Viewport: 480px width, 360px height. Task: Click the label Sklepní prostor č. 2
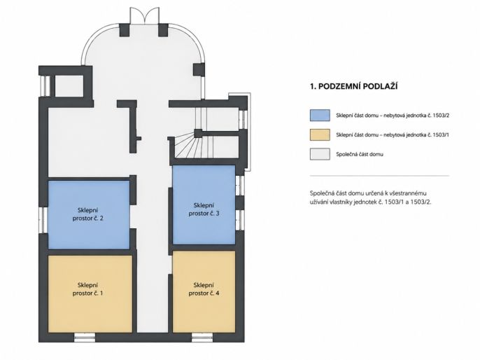(88, 214)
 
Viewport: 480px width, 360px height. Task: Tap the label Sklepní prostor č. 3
(204, 209)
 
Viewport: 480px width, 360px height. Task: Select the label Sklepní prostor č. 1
(88, 289)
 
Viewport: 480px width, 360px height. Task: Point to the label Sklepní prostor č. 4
(204, 289)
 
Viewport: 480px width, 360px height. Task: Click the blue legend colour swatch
(320, 115)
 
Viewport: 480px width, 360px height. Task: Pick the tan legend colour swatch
(320, 134)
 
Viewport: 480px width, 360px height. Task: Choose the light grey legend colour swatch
(320, 154)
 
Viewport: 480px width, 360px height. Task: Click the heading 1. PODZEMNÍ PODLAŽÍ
(353, 86)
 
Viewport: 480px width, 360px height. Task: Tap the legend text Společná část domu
(360, 154)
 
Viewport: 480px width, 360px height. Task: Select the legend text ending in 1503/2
(393, 116)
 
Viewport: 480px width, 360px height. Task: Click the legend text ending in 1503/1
(393, 134)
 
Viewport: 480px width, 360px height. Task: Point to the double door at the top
(144, 15)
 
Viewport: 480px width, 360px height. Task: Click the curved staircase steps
(188, 146)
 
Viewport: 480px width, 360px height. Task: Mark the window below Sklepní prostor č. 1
(85, 338)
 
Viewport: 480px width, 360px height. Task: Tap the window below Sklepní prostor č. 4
(202, 338)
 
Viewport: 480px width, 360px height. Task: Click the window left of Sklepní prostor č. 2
(43, 218)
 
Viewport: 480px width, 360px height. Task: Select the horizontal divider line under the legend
(379, 176)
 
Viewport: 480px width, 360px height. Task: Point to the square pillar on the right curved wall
(199, 69)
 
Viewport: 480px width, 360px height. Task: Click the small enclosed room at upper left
(69, 85)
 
